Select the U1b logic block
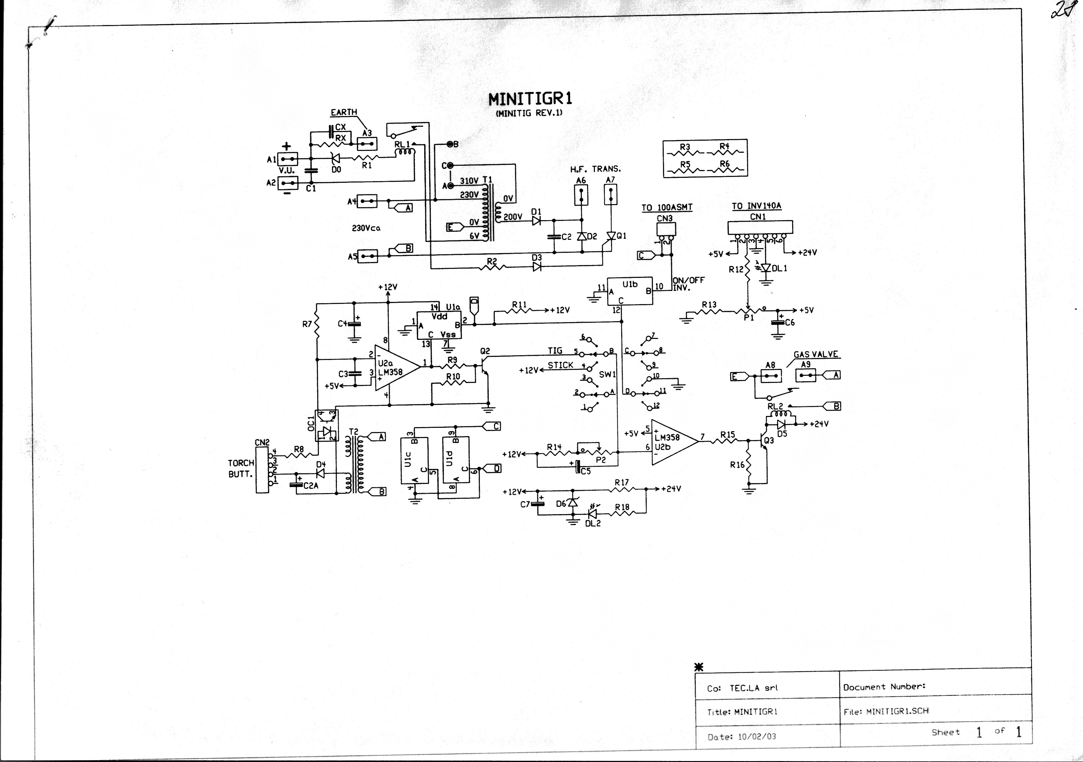(630, 291)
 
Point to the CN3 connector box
(665, 230)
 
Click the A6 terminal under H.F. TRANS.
(581, 195)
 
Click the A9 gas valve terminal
(806, 375)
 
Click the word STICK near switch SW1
(560, 365)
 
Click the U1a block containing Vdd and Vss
(439, 325)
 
